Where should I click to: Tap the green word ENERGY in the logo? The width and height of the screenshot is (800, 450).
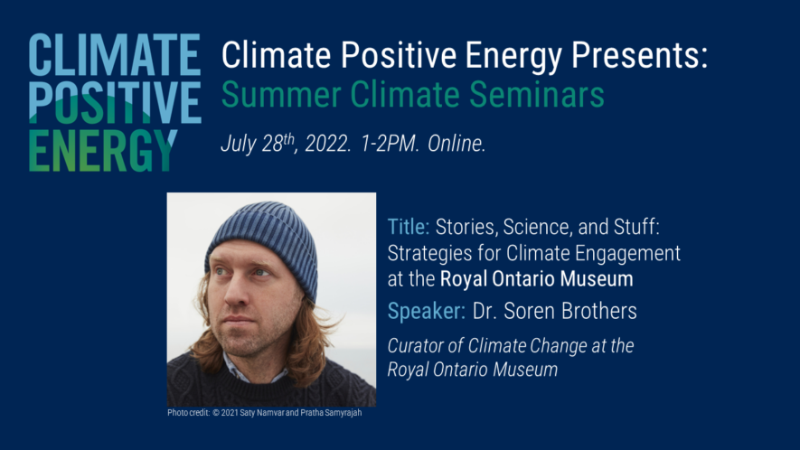[101, 150]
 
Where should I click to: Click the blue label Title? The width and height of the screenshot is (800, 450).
[409, 226]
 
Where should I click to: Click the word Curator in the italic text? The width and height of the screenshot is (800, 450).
[417, 346]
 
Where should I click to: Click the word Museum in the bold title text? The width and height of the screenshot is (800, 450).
[598, 277]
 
